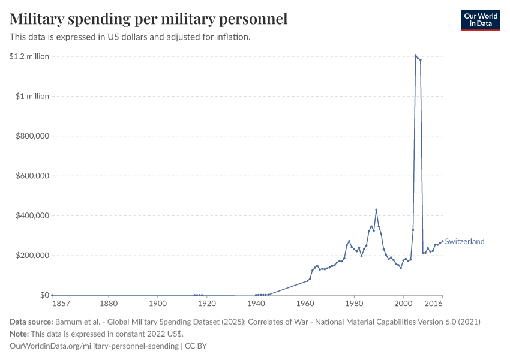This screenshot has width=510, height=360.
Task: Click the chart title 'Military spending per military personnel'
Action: pos(149,19)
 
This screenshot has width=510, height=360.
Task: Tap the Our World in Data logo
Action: pos(480,20)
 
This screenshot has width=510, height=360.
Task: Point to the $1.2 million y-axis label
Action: pos(29,56)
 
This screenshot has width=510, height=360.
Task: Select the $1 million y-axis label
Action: pos(32,96)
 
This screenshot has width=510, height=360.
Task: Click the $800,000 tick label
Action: pos(32,136)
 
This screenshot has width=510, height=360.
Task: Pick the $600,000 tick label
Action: pos(32,176)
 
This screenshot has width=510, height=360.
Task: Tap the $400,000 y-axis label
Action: pos(32,215)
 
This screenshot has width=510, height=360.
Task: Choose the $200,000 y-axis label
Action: pos(32,256)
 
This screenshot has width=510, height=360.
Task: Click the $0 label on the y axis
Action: pos(44,295)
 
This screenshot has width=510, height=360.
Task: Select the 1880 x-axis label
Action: pos(109,305)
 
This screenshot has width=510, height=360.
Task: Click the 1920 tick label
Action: pos(206,305)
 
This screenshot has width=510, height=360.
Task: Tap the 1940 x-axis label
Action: pos(256,305)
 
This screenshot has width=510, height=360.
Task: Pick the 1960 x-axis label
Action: pos(305,305)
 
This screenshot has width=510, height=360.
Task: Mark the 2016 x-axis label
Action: pos(434,305)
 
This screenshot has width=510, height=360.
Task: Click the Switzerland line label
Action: pos(465,242)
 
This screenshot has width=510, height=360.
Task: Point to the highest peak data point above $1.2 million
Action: pos(415,55)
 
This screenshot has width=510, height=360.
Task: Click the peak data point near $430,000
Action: pos(376,209)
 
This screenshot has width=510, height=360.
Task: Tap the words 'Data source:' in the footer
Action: pos(31,322)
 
